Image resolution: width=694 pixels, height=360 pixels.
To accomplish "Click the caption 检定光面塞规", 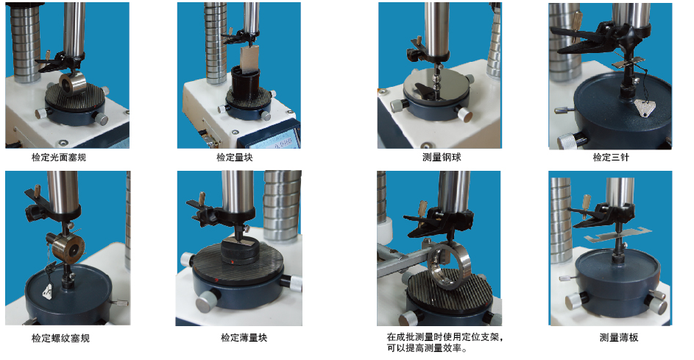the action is click(x=59, y=158).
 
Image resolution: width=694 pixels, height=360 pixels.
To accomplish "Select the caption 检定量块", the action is click(x=235, y=158).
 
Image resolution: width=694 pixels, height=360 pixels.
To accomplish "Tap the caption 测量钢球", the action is click(x=442, y=158).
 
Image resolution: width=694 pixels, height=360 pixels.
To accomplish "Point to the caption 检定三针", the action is click(x=611, y=158).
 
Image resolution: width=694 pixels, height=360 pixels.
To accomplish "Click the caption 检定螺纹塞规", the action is click(x=60, y=339).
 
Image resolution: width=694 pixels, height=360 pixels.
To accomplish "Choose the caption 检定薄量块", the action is click(x=244, y=338).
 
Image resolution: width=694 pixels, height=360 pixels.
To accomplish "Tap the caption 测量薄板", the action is click(x=619, y=338).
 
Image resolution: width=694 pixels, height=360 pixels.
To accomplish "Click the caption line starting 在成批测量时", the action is click(x=445, y=337).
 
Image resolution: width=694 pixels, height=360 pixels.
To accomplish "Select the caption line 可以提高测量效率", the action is click(x=427, y=348).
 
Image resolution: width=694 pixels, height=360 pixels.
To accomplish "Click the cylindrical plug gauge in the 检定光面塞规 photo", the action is click(x=72, y=84).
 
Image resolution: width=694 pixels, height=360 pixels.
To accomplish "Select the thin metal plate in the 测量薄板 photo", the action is click(x=617, y=233).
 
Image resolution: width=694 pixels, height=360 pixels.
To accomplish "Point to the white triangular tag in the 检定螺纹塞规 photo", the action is click(x=48, y=292).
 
